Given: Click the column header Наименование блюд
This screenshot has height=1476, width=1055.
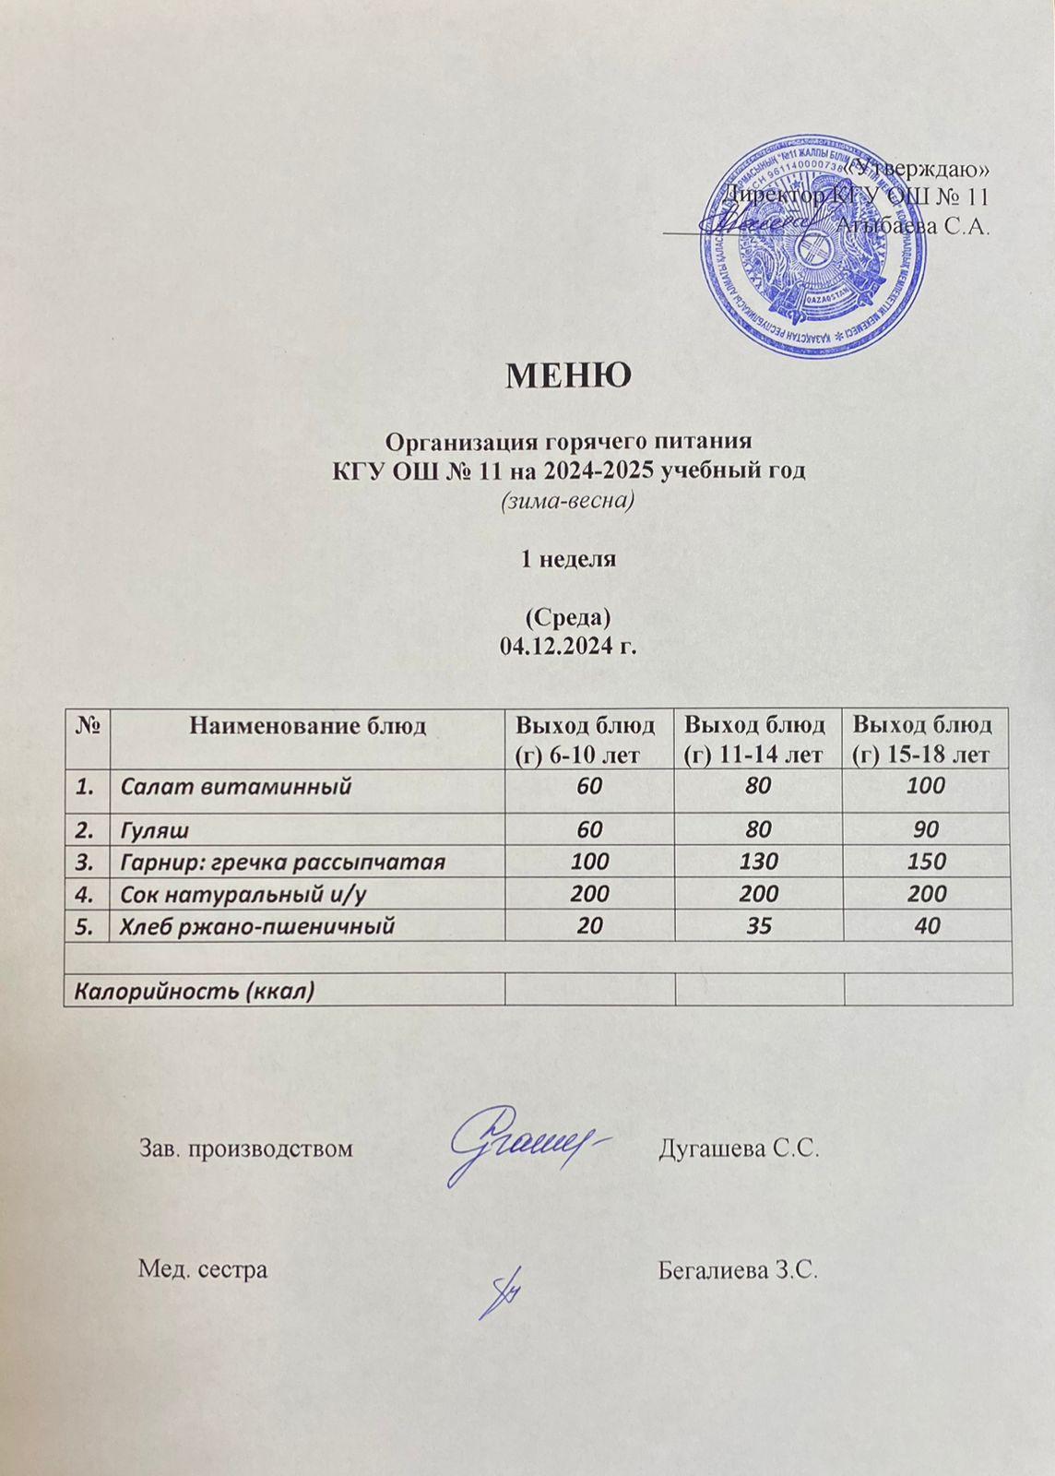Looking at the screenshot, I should point(307,726).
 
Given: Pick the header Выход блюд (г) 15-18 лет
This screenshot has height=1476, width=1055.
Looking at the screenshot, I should point(927,739).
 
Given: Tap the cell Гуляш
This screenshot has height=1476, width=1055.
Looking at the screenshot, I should point(156,831).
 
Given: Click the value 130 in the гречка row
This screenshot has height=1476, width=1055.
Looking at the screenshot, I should point(759,863).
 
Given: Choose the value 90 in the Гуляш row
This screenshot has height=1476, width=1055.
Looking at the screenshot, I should point(927,831).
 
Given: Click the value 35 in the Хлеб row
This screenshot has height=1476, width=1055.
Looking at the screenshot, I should point(759,925).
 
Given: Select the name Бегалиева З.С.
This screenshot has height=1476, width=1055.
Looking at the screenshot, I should point(738,1270).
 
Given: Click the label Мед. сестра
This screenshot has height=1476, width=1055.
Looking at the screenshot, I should point(203,1269).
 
